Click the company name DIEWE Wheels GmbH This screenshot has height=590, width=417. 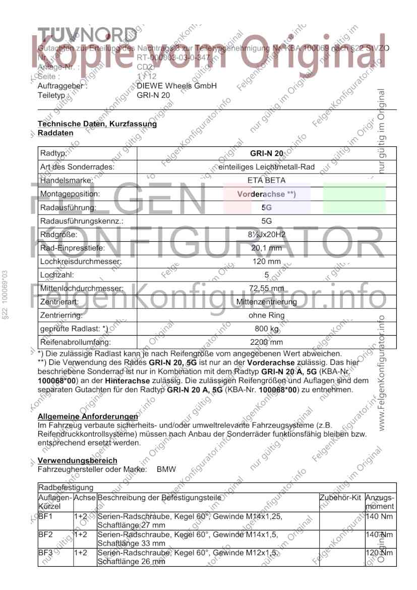coord(176,86)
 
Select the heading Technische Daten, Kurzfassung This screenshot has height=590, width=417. coord(97,124)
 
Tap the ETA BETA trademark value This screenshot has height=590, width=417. coord(266,180)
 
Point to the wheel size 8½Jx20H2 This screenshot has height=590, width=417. coord(266,234)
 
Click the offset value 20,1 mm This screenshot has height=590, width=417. coord(266,248)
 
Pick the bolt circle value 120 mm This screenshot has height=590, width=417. coord(266,261)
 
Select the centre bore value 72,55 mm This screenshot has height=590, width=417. coord(266,289)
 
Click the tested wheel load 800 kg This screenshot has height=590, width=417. coord(266,329)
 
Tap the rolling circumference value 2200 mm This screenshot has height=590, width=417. coord(266,342)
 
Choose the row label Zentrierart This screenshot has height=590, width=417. coord(57,302)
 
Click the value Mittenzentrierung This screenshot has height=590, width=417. coord(266,302)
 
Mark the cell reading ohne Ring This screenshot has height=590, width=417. coord(266,315)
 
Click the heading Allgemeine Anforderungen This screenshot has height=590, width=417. coord(88,417)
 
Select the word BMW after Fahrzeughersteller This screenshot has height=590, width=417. coord(166,469)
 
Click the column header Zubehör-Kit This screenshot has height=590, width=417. coord(341,498)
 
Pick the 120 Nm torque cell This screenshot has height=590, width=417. coord(379,553)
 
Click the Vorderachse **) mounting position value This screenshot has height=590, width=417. coord(266,194)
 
